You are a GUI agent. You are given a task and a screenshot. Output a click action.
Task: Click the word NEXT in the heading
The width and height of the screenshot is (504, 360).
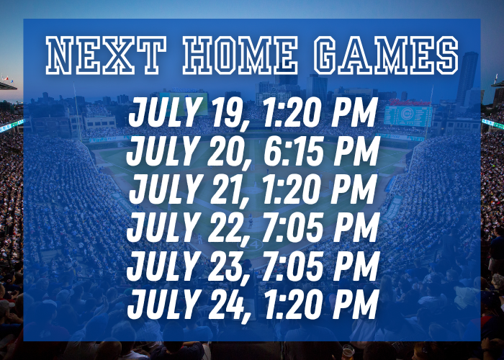(106, 55)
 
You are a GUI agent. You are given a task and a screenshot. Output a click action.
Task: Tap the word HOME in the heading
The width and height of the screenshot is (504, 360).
(240, 55)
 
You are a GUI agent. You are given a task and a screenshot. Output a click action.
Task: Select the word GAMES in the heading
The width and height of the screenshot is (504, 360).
(386, 55)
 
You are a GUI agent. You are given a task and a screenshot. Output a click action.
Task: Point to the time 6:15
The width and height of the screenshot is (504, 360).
(294, 150)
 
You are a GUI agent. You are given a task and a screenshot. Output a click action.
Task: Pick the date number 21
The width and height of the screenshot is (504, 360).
(225, 189)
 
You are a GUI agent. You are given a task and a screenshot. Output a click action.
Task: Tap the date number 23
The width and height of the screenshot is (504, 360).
(225, 266)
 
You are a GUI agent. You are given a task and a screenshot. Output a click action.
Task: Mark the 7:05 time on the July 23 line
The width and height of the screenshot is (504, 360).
(292, 266)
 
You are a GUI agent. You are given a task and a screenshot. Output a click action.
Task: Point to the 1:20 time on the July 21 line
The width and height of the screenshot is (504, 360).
(292, 189)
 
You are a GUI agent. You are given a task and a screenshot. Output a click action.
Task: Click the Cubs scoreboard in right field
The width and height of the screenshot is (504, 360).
(408, 115)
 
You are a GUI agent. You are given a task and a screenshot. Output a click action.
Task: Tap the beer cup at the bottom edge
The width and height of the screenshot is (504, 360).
(348, 352)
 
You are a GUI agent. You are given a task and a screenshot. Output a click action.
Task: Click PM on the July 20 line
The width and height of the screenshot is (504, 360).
(356, 150)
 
